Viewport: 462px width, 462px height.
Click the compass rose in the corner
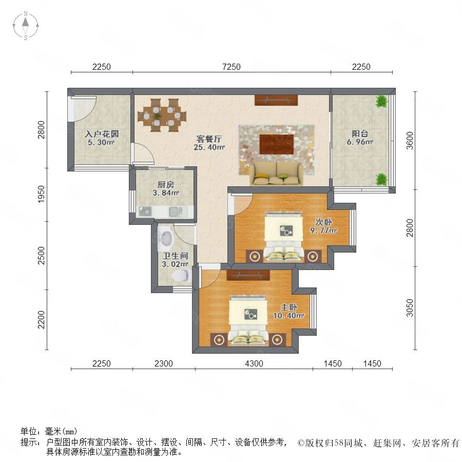pos(26,26)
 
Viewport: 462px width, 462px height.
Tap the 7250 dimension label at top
pos(232,67)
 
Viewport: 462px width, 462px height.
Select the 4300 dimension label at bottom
pos(254,363)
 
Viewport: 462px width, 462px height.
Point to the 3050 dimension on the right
pos(410,308)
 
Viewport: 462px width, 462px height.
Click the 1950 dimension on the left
pos(42,194)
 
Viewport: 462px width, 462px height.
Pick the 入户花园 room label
pos(102,134)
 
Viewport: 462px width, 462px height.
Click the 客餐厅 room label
pos(209,139)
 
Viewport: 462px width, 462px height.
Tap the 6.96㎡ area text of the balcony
pos(360,142)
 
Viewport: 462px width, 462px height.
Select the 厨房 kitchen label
pos(166,185)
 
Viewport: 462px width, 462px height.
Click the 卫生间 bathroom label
pos(176,256)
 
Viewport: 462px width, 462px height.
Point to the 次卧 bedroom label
pos(323,222)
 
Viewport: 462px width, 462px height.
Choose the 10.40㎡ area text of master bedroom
pos(288,316)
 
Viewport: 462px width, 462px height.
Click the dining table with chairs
pos(162,115)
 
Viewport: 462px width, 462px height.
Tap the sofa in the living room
pos(276,174)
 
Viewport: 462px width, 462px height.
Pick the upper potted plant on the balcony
pos(381,101)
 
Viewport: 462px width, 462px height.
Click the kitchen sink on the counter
pos(176,211)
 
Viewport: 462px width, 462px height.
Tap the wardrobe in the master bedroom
pos(248,275)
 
